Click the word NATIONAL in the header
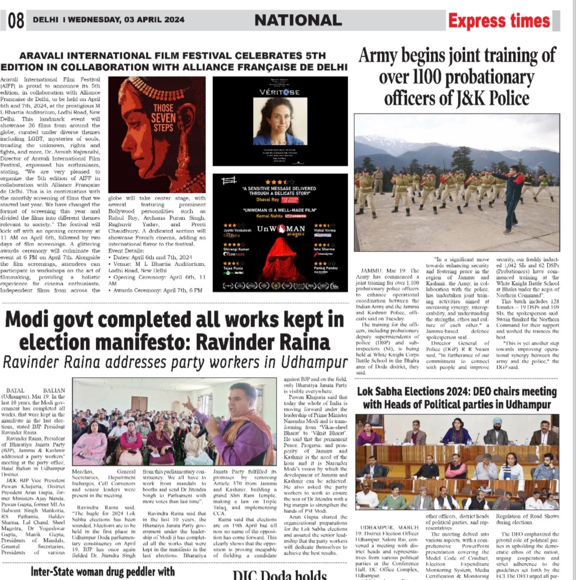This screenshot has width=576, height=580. [298, 20]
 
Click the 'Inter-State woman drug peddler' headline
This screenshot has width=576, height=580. [103, 571]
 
